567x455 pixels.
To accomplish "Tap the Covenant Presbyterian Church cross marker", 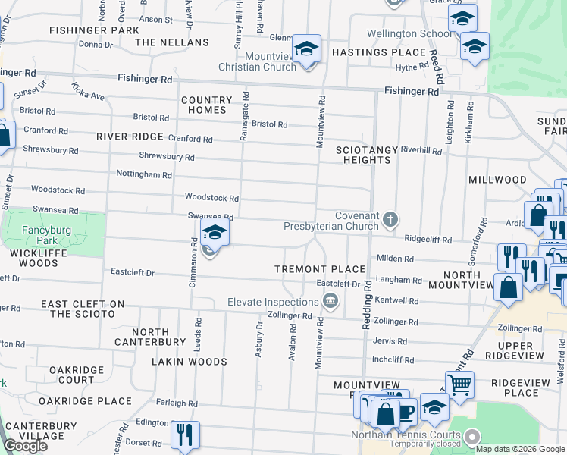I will [390, 220].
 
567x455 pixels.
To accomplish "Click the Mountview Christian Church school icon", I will [305, 49].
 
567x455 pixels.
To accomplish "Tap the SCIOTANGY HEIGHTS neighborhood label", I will [367, 155].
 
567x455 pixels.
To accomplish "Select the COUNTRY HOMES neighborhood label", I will [206, 105].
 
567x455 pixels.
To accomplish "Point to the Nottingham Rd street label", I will [144, 174].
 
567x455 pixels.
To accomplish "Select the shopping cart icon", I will [459, 385].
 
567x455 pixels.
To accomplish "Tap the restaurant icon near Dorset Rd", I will [185, 435].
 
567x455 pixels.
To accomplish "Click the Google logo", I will [26, 446].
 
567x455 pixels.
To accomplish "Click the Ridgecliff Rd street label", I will [428, 238].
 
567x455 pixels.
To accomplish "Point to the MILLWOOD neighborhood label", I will [497, 180].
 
